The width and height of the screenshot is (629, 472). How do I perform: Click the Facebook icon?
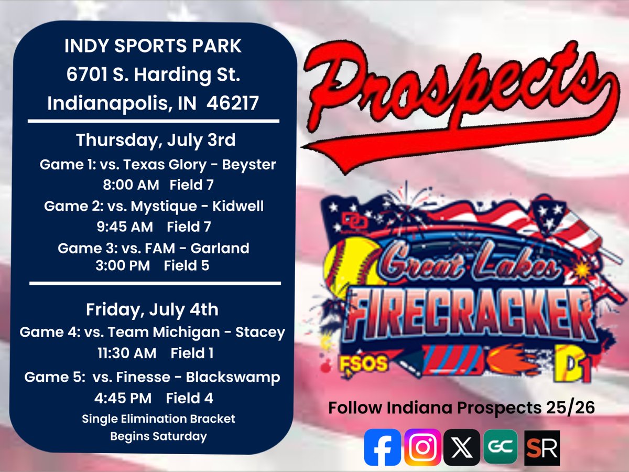[382, 447]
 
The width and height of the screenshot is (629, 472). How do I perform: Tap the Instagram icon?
[422, 447]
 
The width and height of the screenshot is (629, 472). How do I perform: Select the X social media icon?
[461, 447]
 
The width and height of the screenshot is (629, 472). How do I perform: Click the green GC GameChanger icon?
[500, 447]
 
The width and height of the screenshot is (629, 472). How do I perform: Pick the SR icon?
[542, 448]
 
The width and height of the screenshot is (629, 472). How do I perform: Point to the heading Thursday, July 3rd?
[156, 141]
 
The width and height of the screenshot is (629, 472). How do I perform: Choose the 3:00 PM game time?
[121, 266]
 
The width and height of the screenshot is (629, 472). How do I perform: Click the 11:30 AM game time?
[126, 353]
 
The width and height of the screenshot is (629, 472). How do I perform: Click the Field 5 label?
[186, 266]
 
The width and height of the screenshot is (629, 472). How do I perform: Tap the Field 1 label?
[192, 353]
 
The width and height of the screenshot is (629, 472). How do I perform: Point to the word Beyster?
[249, 165]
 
